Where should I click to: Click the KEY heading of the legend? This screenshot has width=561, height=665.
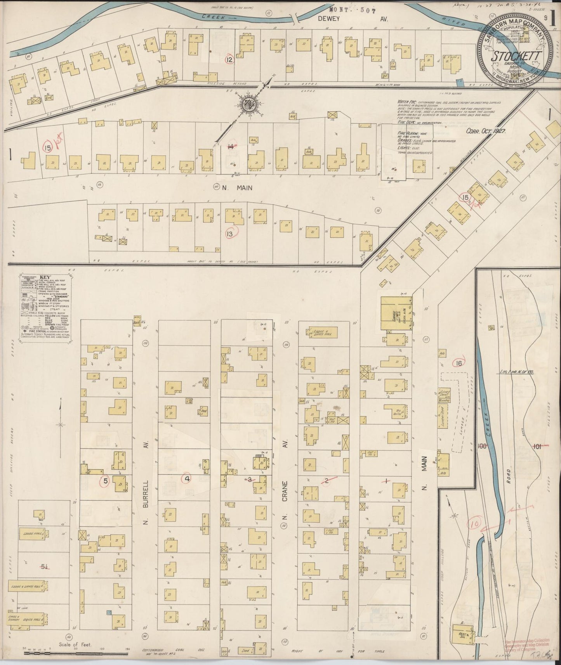[45, 277]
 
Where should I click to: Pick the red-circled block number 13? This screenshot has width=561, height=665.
[230, 234]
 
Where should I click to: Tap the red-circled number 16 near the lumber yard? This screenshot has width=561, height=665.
[459, 363]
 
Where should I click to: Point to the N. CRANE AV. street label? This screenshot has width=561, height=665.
[285, 497]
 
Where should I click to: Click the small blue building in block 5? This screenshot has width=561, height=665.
[109, 613]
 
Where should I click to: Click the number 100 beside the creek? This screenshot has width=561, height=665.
[483, 446]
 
